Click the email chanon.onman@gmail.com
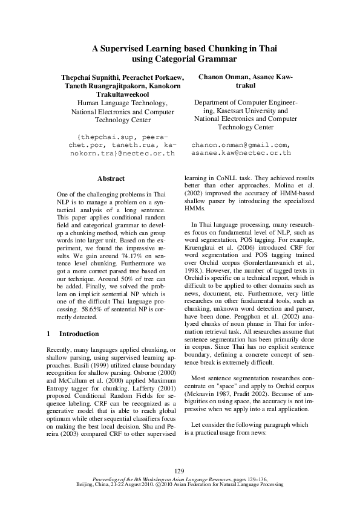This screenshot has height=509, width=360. [x=241, y=145]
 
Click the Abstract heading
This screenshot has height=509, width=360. [x=111, y=178]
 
